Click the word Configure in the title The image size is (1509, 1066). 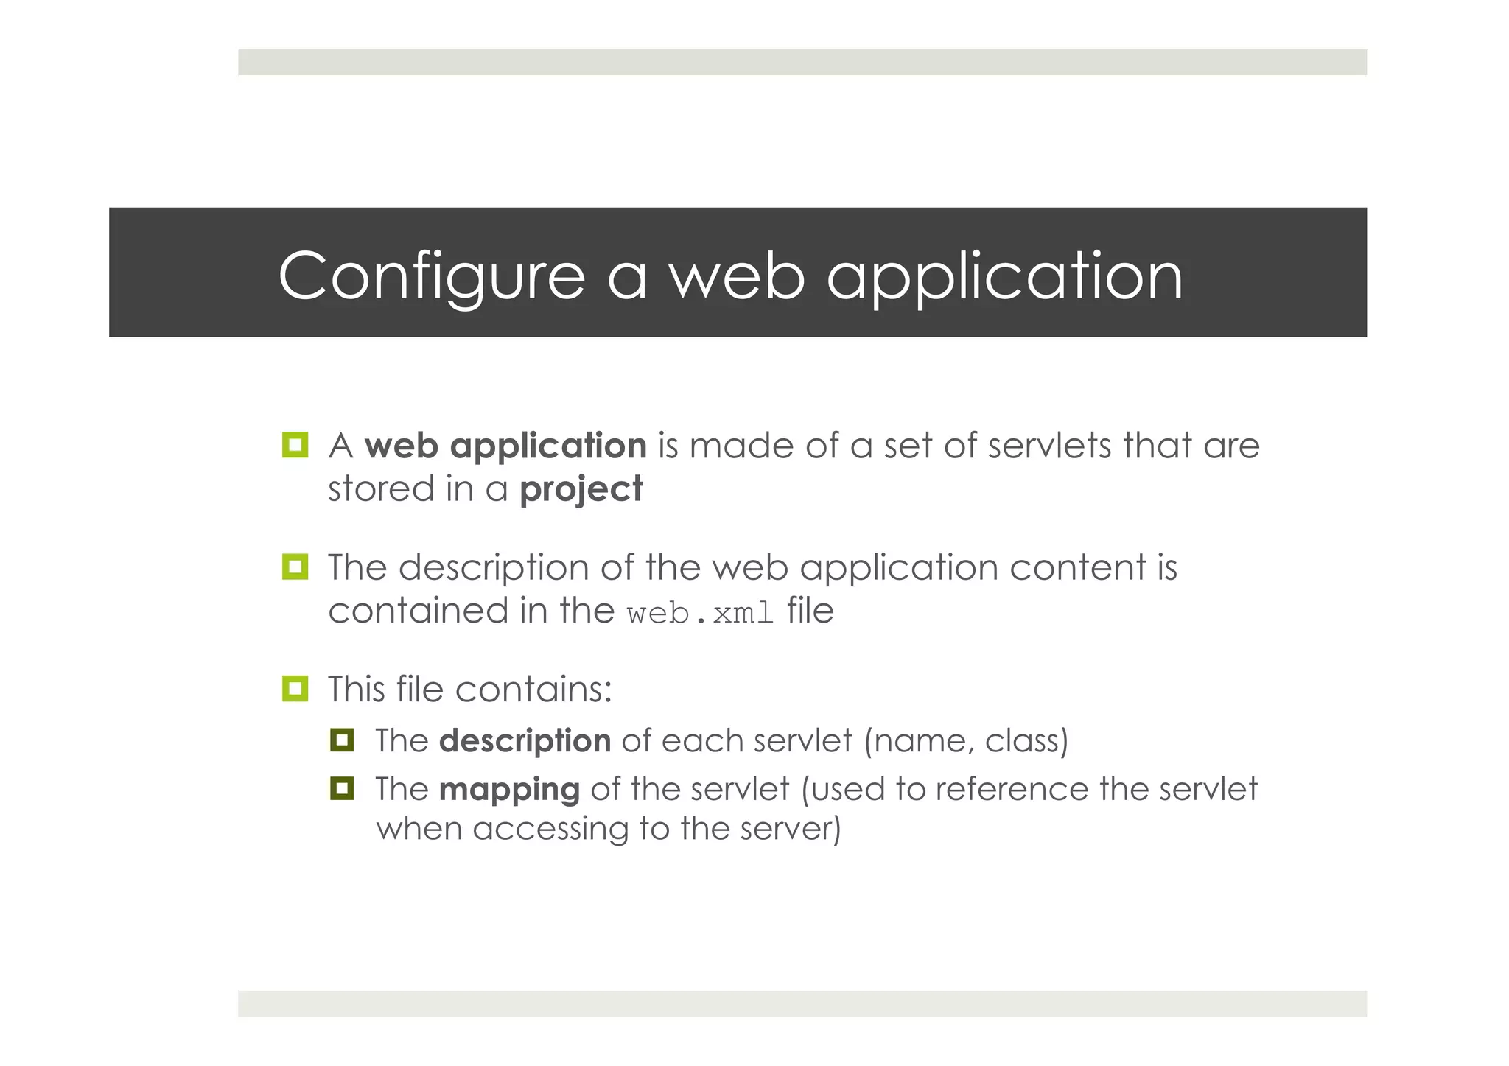(431, 276)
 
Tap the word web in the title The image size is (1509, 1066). (736, 276)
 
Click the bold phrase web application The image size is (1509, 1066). (505, 446)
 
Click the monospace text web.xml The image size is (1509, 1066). (700, 613)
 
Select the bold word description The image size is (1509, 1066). (525, 741)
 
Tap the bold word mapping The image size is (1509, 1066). (509, 790)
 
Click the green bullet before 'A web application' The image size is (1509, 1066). (295, 445)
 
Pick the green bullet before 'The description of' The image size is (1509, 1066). (295, 567)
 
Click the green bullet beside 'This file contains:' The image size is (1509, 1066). (295, 689)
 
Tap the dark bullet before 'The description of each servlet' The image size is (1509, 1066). (342, 740)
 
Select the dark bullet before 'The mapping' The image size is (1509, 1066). (342, 788)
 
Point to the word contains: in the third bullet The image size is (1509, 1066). (533, 690)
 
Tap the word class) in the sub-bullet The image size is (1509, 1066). (1026, 741)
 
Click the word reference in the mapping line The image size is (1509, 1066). (1012, 790)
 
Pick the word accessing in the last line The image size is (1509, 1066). (550, 830)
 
